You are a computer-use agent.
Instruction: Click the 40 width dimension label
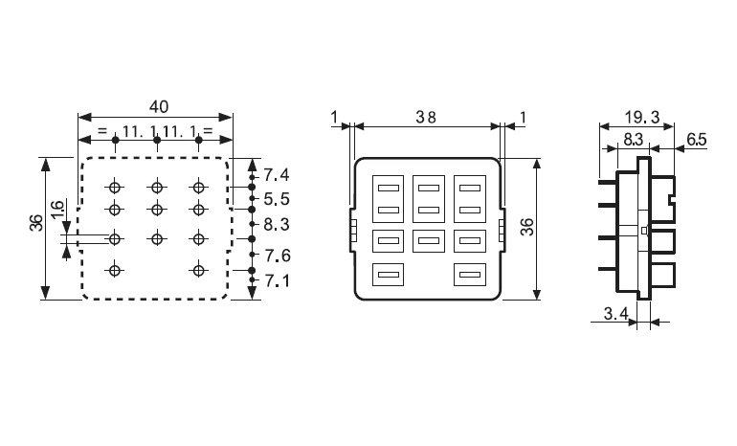point(158,106)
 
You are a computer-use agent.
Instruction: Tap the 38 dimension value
point(426,117)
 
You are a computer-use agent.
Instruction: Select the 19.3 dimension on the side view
point(642,117)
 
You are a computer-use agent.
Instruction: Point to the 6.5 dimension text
point(697,140)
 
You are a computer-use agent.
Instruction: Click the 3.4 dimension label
point(615,314)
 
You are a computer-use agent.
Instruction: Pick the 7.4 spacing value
point(277,175)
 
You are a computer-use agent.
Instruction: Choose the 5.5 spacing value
point(277,199)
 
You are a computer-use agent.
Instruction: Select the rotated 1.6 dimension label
point(56,210)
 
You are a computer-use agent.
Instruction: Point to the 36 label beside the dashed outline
point(36,222)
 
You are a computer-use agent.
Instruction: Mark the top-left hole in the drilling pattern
point(115,188)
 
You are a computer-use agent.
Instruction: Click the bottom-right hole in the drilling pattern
point(199,271)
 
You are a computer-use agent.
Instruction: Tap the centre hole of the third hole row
point(157,239)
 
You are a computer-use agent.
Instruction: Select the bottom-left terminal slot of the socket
point(389,275)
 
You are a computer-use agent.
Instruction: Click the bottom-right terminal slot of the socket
point(470,275)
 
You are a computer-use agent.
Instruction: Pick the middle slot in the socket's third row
point(429,241)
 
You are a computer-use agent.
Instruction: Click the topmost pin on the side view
point(608,181)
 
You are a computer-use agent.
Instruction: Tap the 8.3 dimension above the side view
point(633,140)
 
